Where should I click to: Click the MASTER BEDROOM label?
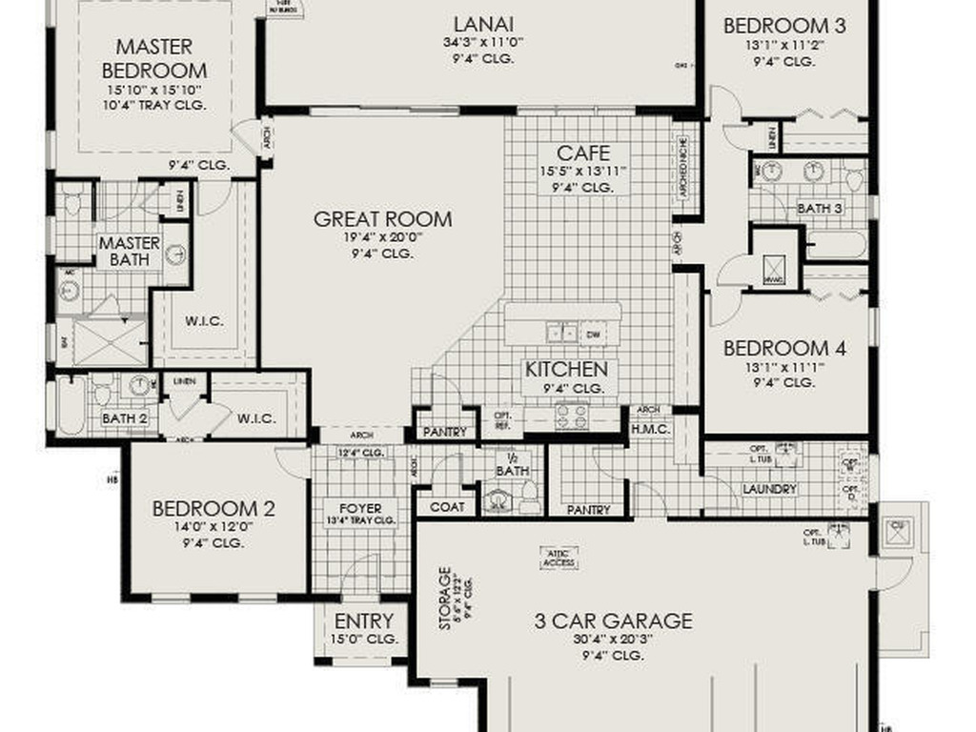tap(153, 58)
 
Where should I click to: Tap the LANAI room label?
tap(483, 24)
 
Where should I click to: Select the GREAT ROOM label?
tap(383, 219)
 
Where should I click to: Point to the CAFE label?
tap(583, 153)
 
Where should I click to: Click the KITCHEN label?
tap(566, 369)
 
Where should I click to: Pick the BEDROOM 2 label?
tap(213, 509)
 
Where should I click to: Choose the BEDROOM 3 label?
tap(784, 26)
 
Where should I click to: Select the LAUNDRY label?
tap(769, 489)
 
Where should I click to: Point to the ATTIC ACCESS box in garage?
tap(559, 558)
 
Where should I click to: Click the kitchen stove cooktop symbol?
tap(573, 414)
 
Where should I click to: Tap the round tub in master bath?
tap(175, 254)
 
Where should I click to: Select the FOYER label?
tap(360, 508)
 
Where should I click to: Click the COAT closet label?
tap(447, 507)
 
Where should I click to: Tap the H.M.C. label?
tap(651, 429)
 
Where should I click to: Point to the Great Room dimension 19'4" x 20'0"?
tap(383, 238)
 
